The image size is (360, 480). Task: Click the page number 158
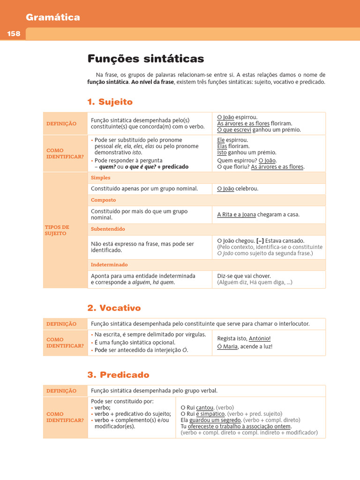(14, 34)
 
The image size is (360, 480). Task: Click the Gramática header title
(53, 17)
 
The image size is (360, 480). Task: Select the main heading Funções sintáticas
(146, 59)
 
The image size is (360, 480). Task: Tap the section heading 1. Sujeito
(110, 102)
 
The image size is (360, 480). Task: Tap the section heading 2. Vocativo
(114, 308)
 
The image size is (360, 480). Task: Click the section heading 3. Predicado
(118, 375)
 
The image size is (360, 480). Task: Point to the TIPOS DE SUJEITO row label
(57, 230)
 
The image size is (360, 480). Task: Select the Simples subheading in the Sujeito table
(101, 178)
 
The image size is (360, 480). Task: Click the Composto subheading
(103, 200)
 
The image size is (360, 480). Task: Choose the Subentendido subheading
(108, 229)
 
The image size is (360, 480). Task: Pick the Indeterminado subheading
(109, 265)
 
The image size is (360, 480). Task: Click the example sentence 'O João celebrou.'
(238, 189)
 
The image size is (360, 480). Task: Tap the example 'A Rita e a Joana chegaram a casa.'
(258, 215)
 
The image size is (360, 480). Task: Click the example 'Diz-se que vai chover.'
(244, 276)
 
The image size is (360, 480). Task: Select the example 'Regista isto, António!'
(244, 338)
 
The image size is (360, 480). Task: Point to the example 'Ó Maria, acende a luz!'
(245, 347)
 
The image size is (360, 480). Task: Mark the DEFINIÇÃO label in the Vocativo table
(61, 324)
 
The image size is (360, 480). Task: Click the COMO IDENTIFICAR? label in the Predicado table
(65, 417)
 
